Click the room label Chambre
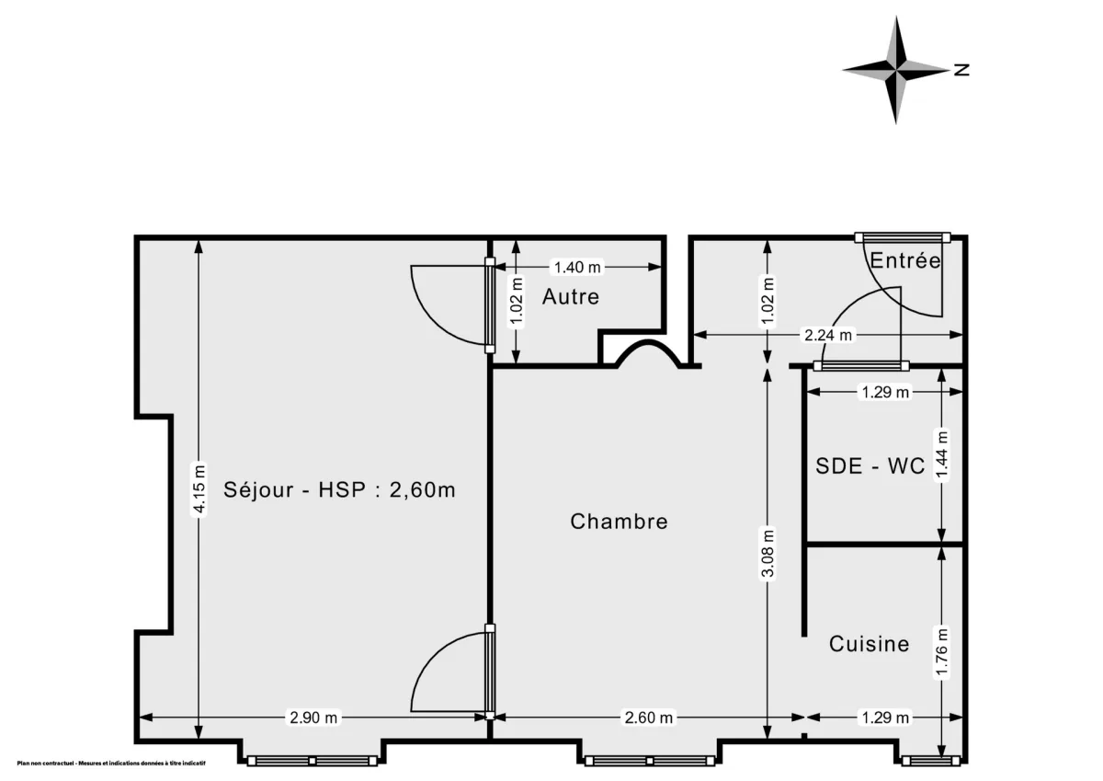[x=619, y=522]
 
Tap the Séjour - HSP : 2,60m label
[x=339, y=489]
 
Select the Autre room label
[x=570, y=297]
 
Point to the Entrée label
[x=905, y=261]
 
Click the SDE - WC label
[x=870, y=466]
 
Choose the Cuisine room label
[x=869, y=644]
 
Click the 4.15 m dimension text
[x=199, y=488]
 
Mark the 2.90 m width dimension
[x=313, y=718]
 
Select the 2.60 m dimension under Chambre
[x=649, y=718]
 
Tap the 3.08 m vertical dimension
[x=769, y=553]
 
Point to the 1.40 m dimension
[x=576, y=268]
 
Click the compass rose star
[x=896, y=69]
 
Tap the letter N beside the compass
[x=961, y=69]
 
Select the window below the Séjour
[x=312, y=761]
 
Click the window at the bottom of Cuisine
[x=930, y=761]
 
